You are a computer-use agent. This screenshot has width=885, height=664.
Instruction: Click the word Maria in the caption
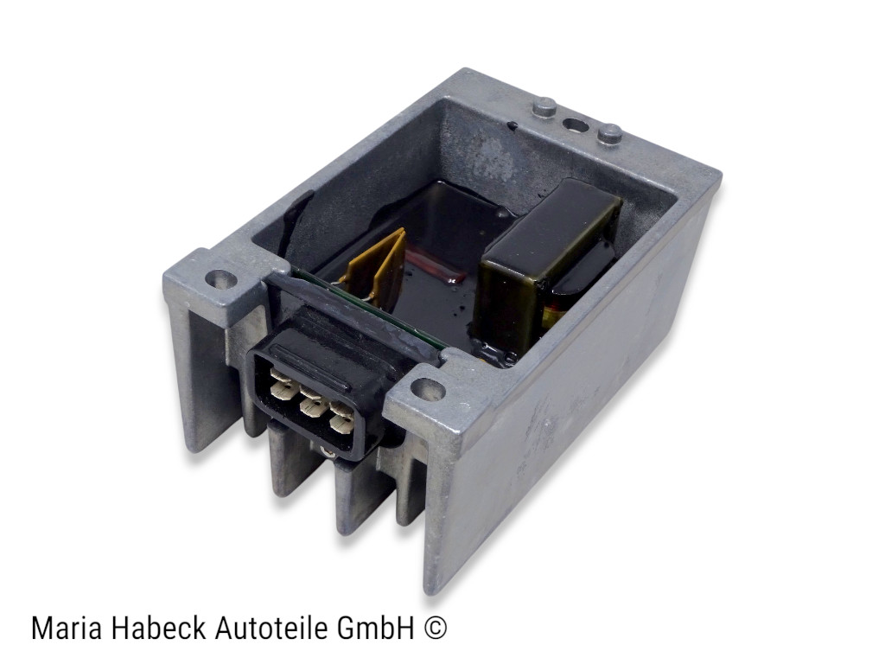(x=67, y=628)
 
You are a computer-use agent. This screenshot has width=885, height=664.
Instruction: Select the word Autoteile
(x=271, y=628)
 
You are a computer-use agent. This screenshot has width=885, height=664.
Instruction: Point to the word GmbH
(x=375, y=628)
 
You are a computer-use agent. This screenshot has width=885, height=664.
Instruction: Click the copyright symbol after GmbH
(x=435, y=628)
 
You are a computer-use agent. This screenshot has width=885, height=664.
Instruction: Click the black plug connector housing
(x=325, y=384)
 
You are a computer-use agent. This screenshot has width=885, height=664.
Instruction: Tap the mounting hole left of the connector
(x=220, y=278)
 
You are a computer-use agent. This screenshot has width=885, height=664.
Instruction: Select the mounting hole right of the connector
(x=428, y=389)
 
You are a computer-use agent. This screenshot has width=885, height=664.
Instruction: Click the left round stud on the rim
(x=544, y=107)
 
